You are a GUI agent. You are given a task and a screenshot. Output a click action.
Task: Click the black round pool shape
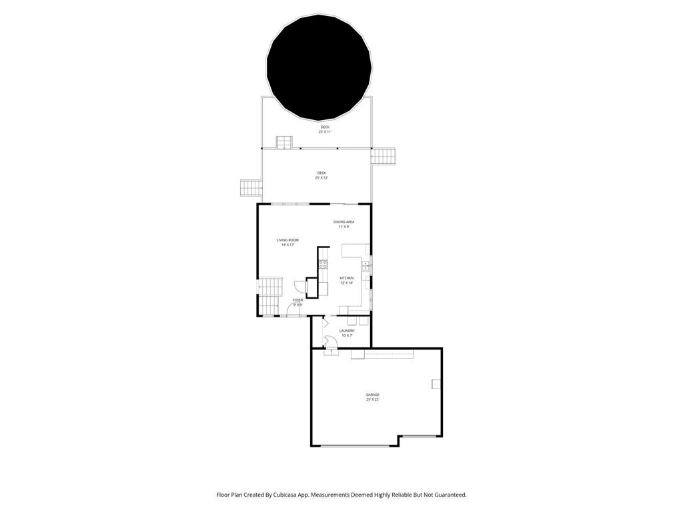319,67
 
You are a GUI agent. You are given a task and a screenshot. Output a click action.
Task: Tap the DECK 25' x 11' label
325,129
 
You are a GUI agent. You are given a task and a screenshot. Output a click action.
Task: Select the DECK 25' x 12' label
321,175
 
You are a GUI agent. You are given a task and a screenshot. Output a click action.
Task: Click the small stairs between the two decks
285,143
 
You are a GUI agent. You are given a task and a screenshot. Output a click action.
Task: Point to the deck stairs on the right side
383,156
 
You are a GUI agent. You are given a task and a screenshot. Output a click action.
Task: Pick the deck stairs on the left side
251,188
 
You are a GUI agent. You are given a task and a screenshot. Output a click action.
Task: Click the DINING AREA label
344,224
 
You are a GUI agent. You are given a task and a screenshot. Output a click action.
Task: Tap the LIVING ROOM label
287,242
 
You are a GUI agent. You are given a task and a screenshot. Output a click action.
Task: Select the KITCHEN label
346,280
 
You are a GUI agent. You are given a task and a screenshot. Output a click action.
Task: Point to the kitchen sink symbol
365,266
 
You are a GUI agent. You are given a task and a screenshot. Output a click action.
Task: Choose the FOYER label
297,302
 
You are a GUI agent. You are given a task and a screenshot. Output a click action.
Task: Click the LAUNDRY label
347,333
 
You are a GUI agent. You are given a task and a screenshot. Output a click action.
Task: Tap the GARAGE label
372,397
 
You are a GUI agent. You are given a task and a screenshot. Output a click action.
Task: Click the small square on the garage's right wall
436,383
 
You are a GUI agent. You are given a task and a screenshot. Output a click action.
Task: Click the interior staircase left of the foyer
270,296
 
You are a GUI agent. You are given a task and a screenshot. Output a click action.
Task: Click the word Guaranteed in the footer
449,495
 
